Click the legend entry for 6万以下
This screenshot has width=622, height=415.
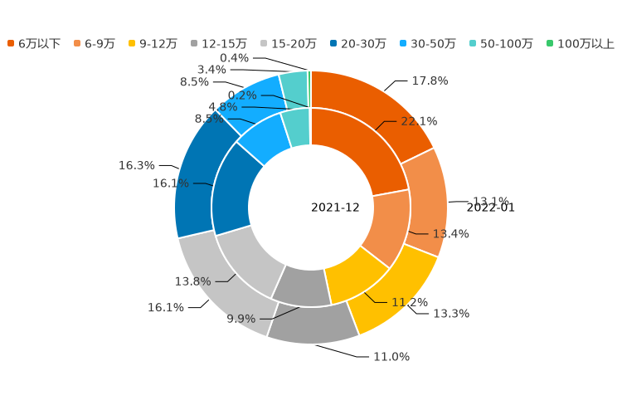click(34, 43)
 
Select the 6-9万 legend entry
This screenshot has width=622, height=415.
click(95, 43)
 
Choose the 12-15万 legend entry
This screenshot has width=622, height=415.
click(218, 43)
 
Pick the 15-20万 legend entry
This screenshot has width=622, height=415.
click(288, 43)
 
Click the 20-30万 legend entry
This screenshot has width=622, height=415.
click(357, 43)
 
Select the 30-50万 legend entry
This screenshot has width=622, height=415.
click(427, 43)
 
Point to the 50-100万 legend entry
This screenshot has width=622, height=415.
click(501, 43)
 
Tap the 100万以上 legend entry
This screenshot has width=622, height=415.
click(581, 43)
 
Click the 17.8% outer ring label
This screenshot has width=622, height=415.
click(430, 81)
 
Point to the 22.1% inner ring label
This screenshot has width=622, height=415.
click(419, 121)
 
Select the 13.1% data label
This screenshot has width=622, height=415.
click(491, 202)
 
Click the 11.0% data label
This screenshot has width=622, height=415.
click(391, 357)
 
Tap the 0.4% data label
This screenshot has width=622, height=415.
click(235, 58)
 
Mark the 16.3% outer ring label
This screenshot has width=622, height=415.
click(137, 166)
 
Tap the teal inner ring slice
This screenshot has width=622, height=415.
click(296, 129)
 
